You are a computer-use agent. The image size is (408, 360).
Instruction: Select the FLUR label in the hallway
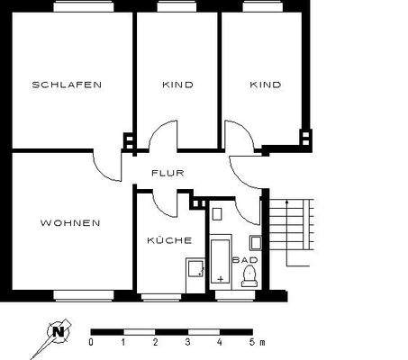(x=168, y=173)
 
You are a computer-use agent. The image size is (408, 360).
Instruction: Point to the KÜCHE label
(x=168, y=240)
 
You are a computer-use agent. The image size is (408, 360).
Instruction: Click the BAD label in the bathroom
(x=244, y=261)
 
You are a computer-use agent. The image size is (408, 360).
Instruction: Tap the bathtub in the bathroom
(x=221, y=262)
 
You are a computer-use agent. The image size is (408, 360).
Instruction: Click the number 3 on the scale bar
(x=187, y=344)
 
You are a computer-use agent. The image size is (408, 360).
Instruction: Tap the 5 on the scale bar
(x=250, y=344)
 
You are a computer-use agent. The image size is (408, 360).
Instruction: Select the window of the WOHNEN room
(x=83, y=294)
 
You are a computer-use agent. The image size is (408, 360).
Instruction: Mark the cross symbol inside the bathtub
(x=221, y=279)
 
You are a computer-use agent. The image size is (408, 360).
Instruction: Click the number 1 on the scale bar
(x=123, y=344)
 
